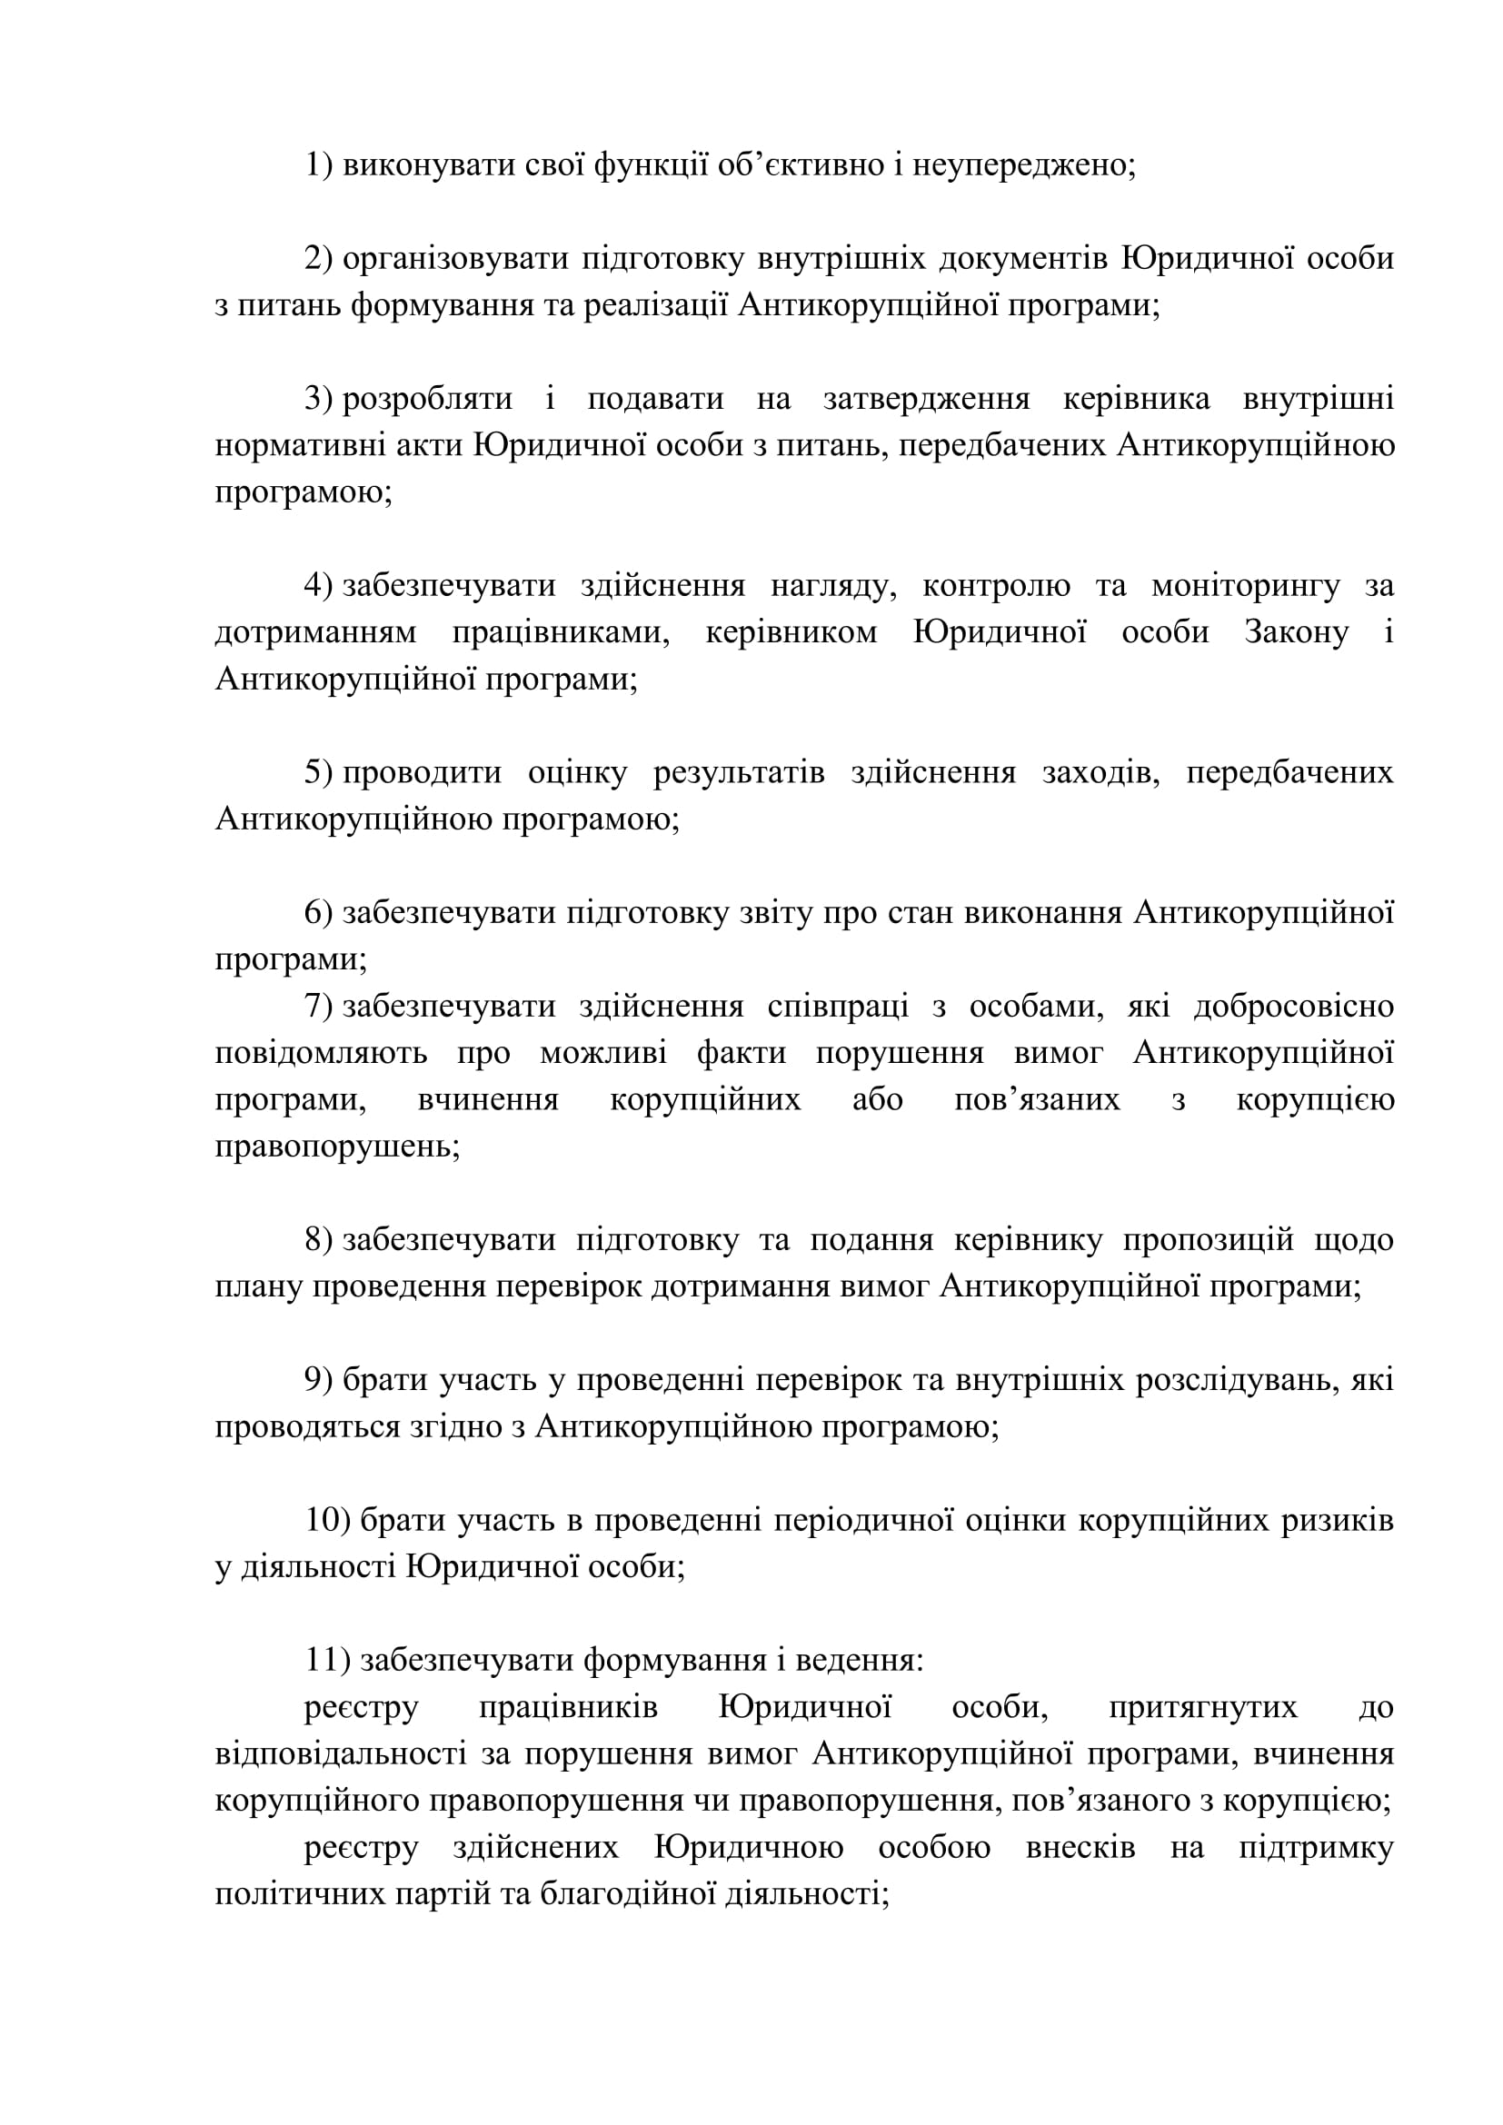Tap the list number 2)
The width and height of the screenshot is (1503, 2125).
(318, 258)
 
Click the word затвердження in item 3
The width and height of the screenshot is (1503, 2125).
(926, 399)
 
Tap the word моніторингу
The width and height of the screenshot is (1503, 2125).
(1246, 586)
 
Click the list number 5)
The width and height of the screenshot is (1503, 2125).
(318, 773)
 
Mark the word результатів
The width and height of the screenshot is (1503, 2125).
(739, 773)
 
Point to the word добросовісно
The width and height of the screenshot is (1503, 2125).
(1294, 1006)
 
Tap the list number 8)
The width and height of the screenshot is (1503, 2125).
(318, 1240)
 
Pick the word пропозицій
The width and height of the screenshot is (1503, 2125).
(1208, 1240)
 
